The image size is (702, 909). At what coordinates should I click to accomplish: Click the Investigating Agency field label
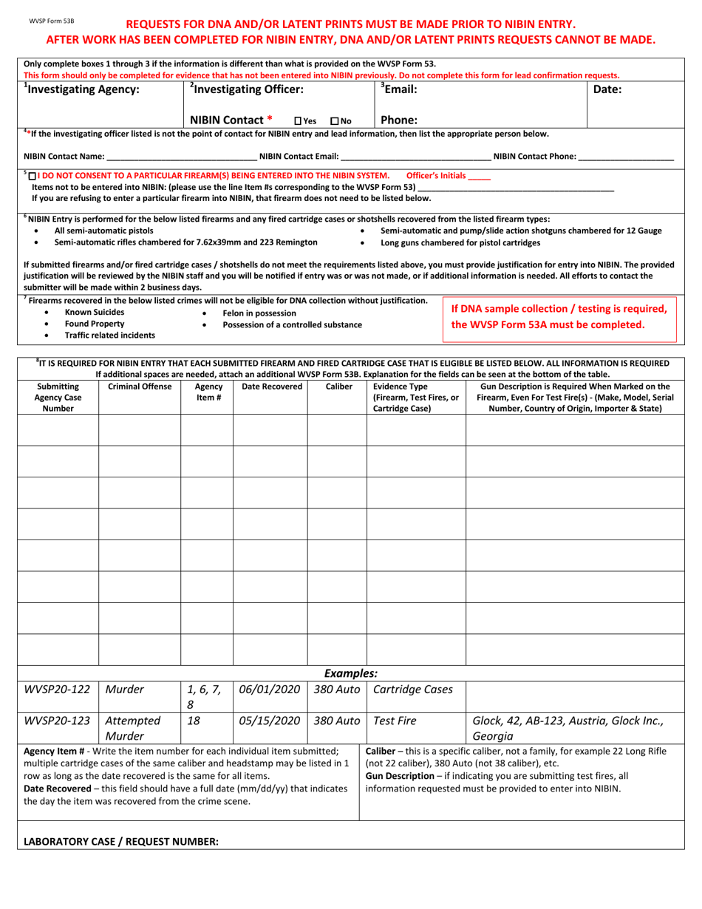(x=81, y=89)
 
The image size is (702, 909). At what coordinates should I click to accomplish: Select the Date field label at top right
(x=608, y=89)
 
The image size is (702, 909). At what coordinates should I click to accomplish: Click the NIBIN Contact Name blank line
(x=181, y=157)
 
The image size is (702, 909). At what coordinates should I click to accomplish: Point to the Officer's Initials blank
(x=480, y=176)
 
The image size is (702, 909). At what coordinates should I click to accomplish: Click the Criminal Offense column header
(x=140, y=387)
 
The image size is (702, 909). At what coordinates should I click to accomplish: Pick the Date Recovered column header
(x=271, y=387)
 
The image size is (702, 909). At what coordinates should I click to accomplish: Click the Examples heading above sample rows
(x=351, y=673)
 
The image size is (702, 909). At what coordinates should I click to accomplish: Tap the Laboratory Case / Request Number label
(x=122, y=842)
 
